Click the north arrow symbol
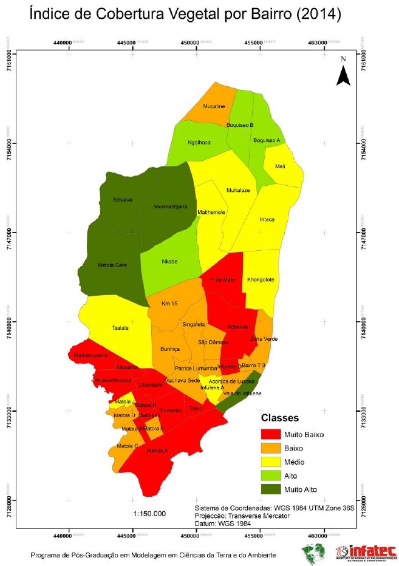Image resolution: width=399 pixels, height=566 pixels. tap(343, 75)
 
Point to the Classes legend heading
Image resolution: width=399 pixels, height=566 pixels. tap(279, 418)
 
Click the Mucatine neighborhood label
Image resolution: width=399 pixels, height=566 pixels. tap(214, 106)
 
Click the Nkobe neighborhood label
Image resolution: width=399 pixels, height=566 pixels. tap(169, 262)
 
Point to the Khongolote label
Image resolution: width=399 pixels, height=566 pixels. tap(261, 280)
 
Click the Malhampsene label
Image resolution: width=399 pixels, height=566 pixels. tap(90, 355)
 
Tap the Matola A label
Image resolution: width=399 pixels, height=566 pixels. tap(157, 451)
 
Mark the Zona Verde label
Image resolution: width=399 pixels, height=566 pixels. tap(264, 339)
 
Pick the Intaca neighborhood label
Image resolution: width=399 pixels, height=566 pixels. tap(267, 219)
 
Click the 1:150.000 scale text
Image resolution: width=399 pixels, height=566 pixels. tap(149, 513)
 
